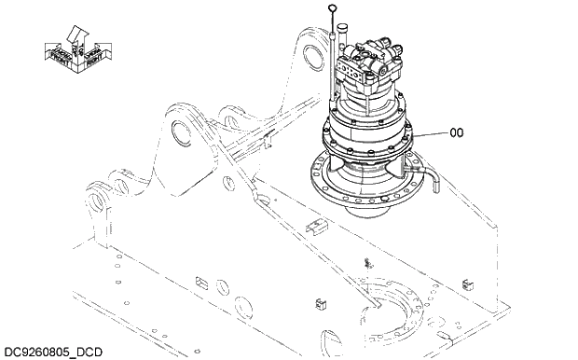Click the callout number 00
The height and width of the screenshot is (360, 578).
click(x=456, y=133)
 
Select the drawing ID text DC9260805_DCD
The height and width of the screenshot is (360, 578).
click(x=52, y=352)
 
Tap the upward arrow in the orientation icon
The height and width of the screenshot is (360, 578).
click(x=75, y=35)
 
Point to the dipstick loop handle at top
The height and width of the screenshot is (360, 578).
click(x=333, y=9)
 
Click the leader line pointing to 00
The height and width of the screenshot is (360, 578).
click(x=429, y=135)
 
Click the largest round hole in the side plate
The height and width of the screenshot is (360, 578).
click(x=245, y=307)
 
